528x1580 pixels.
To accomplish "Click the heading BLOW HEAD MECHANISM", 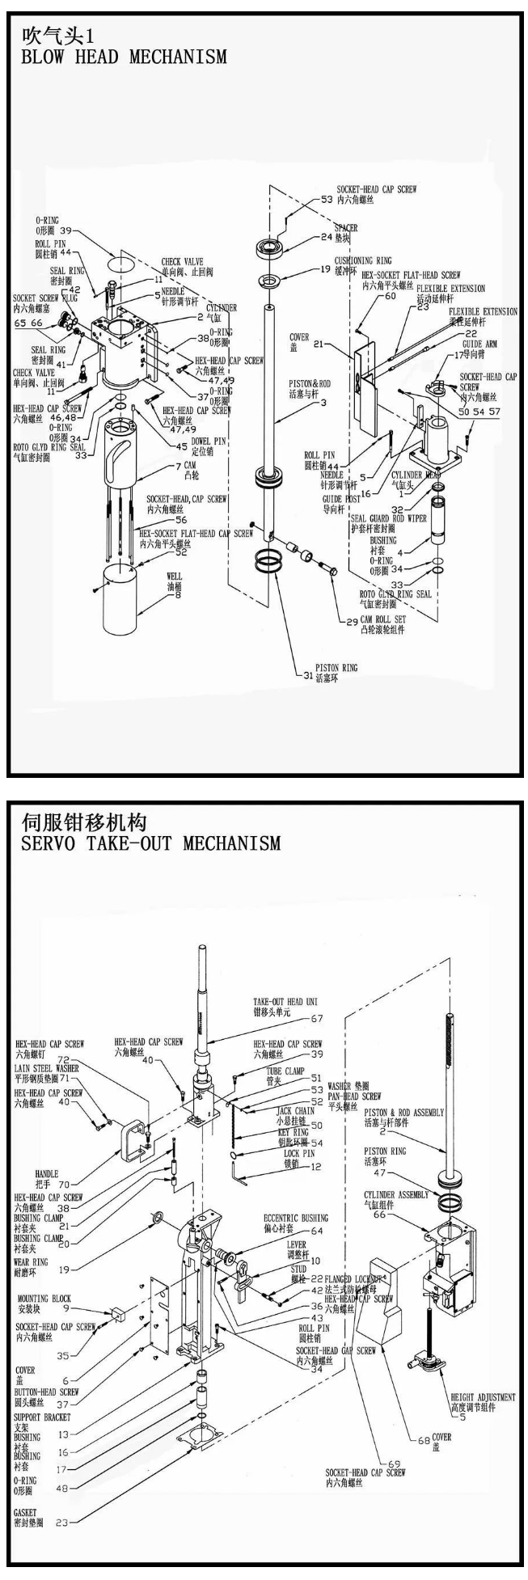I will pos(122,57).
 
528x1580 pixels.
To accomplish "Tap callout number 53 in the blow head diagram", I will pos(327,199).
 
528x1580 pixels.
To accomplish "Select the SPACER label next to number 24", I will pos(345,228).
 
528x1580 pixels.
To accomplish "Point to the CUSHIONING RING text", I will pos(363,261).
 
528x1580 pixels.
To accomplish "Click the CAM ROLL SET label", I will pos(382,619).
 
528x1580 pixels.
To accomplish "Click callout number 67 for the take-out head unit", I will pos(316,1018).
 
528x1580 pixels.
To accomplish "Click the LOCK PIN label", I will pos(299,1153).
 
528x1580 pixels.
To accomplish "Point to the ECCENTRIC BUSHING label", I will pos(296,1218).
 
